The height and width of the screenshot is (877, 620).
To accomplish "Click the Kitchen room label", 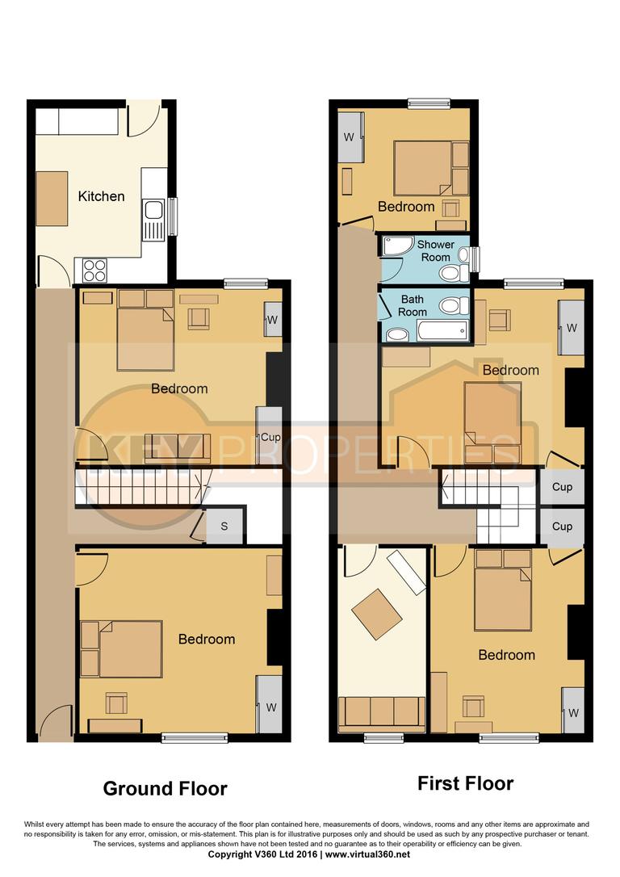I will [x=101, y=196].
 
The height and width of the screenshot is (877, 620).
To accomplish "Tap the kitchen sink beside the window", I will [x=153, y=218].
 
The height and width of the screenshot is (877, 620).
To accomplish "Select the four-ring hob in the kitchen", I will [x=94, y=269].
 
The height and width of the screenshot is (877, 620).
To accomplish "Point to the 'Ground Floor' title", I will [x=165, y=788].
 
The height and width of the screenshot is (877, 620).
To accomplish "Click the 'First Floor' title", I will [x=465, y=783].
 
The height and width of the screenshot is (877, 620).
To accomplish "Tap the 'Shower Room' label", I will [x=436, y=250].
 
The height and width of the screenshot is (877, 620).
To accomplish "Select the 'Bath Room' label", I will [x=413, y=305].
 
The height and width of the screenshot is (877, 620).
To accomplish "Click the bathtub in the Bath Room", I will [x=442, y=329].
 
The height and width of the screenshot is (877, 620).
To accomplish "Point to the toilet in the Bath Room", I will [x=454, y=306].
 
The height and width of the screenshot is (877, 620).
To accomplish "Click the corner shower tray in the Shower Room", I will [x=395, y=248].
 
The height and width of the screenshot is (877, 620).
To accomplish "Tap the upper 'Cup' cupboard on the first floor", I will [x=562, y=487].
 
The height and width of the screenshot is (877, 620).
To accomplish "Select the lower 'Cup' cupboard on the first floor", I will [x=562, y=527].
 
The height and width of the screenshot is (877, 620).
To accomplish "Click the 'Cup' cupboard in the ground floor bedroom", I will [x=270, y=437].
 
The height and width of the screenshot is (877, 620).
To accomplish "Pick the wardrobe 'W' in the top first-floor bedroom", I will [x=350, y=136].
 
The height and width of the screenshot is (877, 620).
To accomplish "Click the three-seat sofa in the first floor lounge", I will [x=381, y=711].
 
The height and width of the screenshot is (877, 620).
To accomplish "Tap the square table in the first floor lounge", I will [x=376, y=613].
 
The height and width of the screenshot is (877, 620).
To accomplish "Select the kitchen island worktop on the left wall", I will [x=52, y=199].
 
